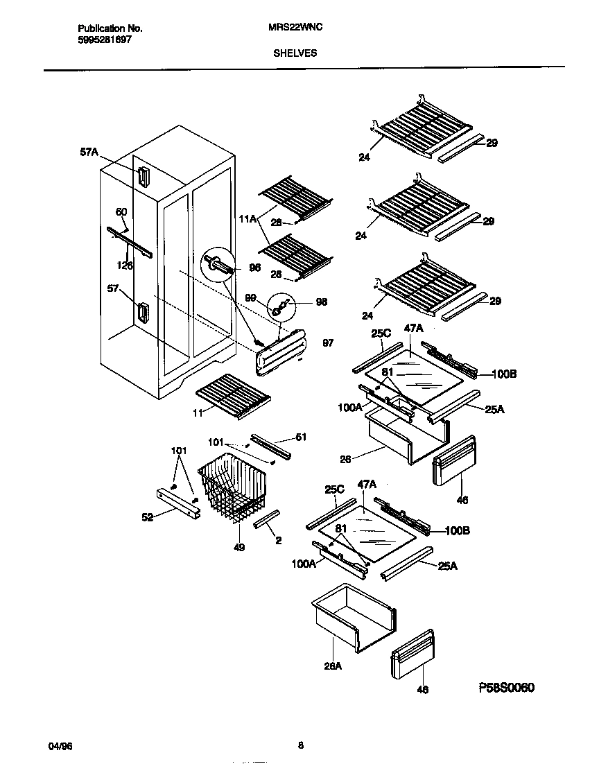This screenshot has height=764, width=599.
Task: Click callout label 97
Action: (x=328, y=343)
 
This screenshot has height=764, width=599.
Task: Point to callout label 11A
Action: (x=248, y=219)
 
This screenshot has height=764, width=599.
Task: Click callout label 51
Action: (x=300, y=437)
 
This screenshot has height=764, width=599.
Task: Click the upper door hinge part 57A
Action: (x=144, y=177)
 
